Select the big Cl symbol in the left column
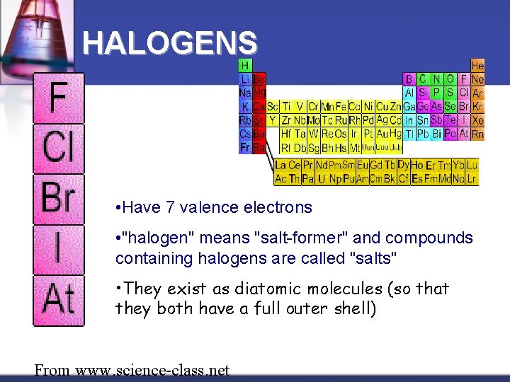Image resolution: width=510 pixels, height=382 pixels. (59, 149)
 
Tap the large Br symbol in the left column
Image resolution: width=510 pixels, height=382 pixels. (59, 199)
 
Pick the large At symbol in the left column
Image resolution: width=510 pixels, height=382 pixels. (59, 299)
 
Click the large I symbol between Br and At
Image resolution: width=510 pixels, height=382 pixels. (59, 250)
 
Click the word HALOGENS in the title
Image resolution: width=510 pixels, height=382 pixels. (169, 44)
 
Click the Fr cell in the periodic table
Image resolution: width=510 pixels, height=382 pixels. (245, 147)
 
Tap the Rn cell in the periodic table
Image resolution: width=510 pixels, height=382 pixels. (478, 134)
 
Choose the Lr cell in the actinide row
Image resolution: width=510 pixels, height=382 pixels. (472, 179)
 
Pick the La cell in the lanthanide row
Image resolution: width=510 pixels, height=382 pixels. (280, 165)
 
